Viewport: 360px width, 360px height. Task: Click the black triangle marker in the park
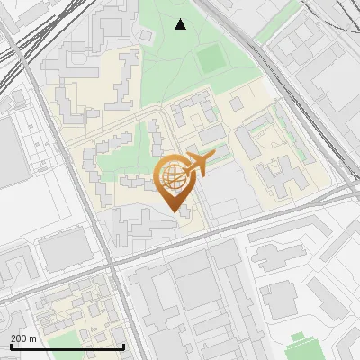181,24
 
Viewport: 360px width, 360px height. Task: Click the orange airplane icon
199,163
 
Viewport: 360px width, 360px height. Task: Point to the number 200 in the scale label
19,338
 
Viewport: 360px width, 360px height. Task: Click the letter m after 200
33,338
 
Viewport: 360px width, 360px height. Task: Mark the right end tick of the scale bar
123,346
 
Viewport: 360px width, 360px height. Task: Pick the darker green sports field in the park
211,58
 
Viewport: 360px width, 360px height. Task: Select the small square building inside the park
144,35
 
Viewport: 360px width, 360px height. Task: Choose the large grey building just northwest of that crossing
65,250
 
